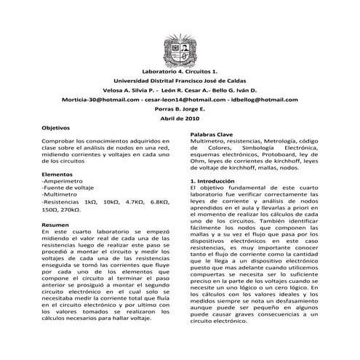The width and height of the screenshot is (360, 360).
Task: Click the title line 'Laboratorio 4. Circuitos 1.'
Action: tap(180, 71)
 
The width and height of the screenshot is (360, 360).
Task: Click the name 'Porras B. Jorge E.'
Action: tap(180, 108)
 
